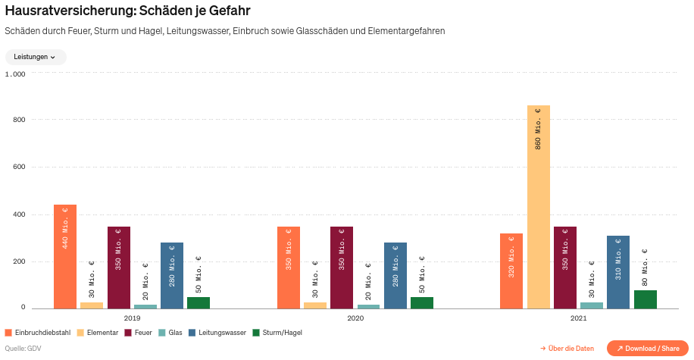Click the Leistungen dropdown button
tap(36, 57)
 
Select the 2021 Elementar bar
tap(538, 207)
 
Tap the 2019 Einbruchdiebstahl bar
tap(65, 256)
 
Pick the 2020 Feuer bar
tap(342, 268)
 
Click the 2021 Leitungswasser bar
tap(617, 272)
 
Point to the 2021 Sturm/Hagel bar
tap(645, 299)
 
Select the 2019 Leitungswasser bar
tap(172, 276)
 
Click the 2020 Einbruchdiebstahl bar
tap(289, 268)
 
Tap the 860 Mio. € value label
tap(538, 128)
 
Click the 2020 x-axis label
tap(355, 318)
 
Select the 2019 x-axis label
tap(132, 318)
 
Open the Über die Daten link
tap(567, 349)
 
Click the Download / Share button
tap(647, 349)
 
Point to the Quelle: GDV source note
tap(23, 349)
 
